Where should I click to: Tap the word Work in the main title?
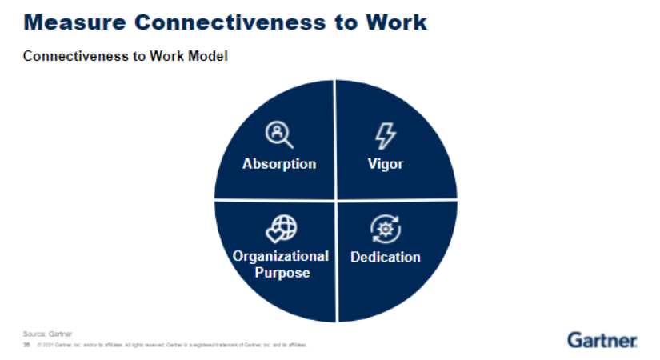[x=397, y=22]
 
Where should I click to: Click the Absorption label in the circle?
[x=279, y=164]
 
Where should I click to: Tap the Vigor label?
[x=385, y=164]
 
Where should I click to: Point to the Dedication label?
[x=385, y=257]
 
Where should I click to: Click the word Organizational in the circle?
[x=281, y=256]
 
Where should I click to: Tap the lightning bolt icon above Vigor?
[x=386, y=136]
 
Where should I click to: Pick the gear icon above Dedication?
[x=385, y=230]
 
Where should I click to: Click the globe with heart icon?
[x=280, y=230]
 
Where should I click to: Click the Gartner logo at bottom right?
[x=602, y=339]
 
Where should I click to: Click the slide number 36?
[x=26, y=345]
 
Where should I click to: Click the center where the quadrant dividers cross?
[x=335, y=200]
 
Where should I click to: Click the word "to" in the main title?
[x=346, y=22]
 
